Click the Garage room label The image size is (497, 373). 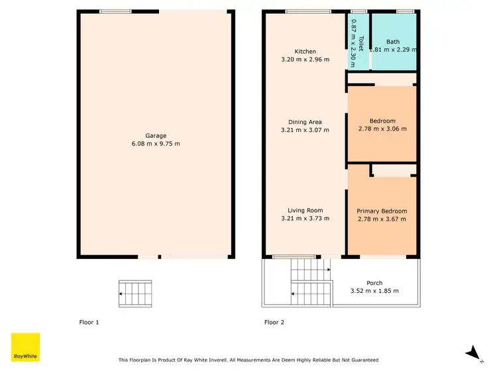(x=156, y=135)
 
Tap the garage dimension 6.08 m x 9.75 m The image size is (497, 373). (x=156, y=144)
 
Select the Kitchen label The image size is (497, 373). (x=305, y=51)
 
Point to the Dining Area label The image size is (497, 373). (x=305, y=122)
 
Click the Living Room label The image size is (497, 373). (x=305, y=211)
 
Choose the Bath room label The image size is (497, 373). (x=393, y=41)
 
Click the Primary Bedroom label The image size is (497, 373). (x=382, y=211)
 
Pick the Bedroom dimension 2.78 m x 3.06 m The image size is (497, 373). (x=382, y=129)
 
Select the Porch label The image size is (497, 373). (x=375, y=283)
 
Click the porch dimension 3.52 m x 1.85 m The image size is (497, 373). (x=375, y=291)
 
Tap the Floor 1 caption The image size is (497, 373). (x=88, y=323)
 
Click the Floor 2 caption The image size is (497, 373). (x=274, y=323)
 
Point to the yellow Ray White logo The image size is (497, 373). (x=26, y=347)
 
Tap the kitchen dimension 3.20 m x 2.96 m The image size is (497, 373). (x=305, y=60)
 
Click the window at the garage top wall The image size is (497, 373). (x=115, y=11)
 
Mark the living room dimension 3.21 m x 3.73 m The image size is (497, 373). (x=305, y=219)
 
